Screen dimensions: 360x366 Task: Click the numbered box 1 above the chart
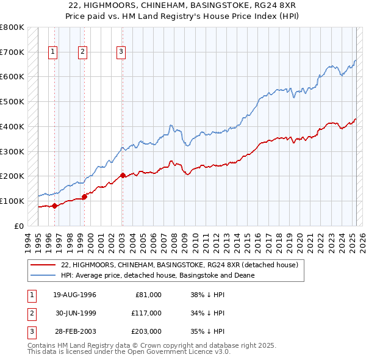tap(53, 52)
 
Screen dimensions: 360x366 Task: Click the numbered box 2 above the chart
tap(82, 52)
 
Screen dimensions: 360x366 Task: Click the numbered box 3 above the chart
tap(121, 52)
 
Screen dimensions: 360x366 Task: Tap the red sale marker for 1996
tap(54, 206)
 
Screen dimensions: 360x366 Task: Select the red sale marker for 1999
tap(84, 196)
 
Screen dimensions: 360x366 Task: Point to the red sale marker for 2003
tap(123, 175)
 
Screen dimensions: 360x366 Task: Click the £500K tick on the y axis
tap(12, 102)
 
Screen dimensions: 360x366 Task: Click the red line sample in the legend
tap(43, 265)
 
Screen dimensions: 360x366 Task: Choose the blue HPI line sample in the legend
tap(43, 275)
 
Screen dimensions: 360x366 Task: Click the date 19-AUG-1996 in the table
tap(74, 295)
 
